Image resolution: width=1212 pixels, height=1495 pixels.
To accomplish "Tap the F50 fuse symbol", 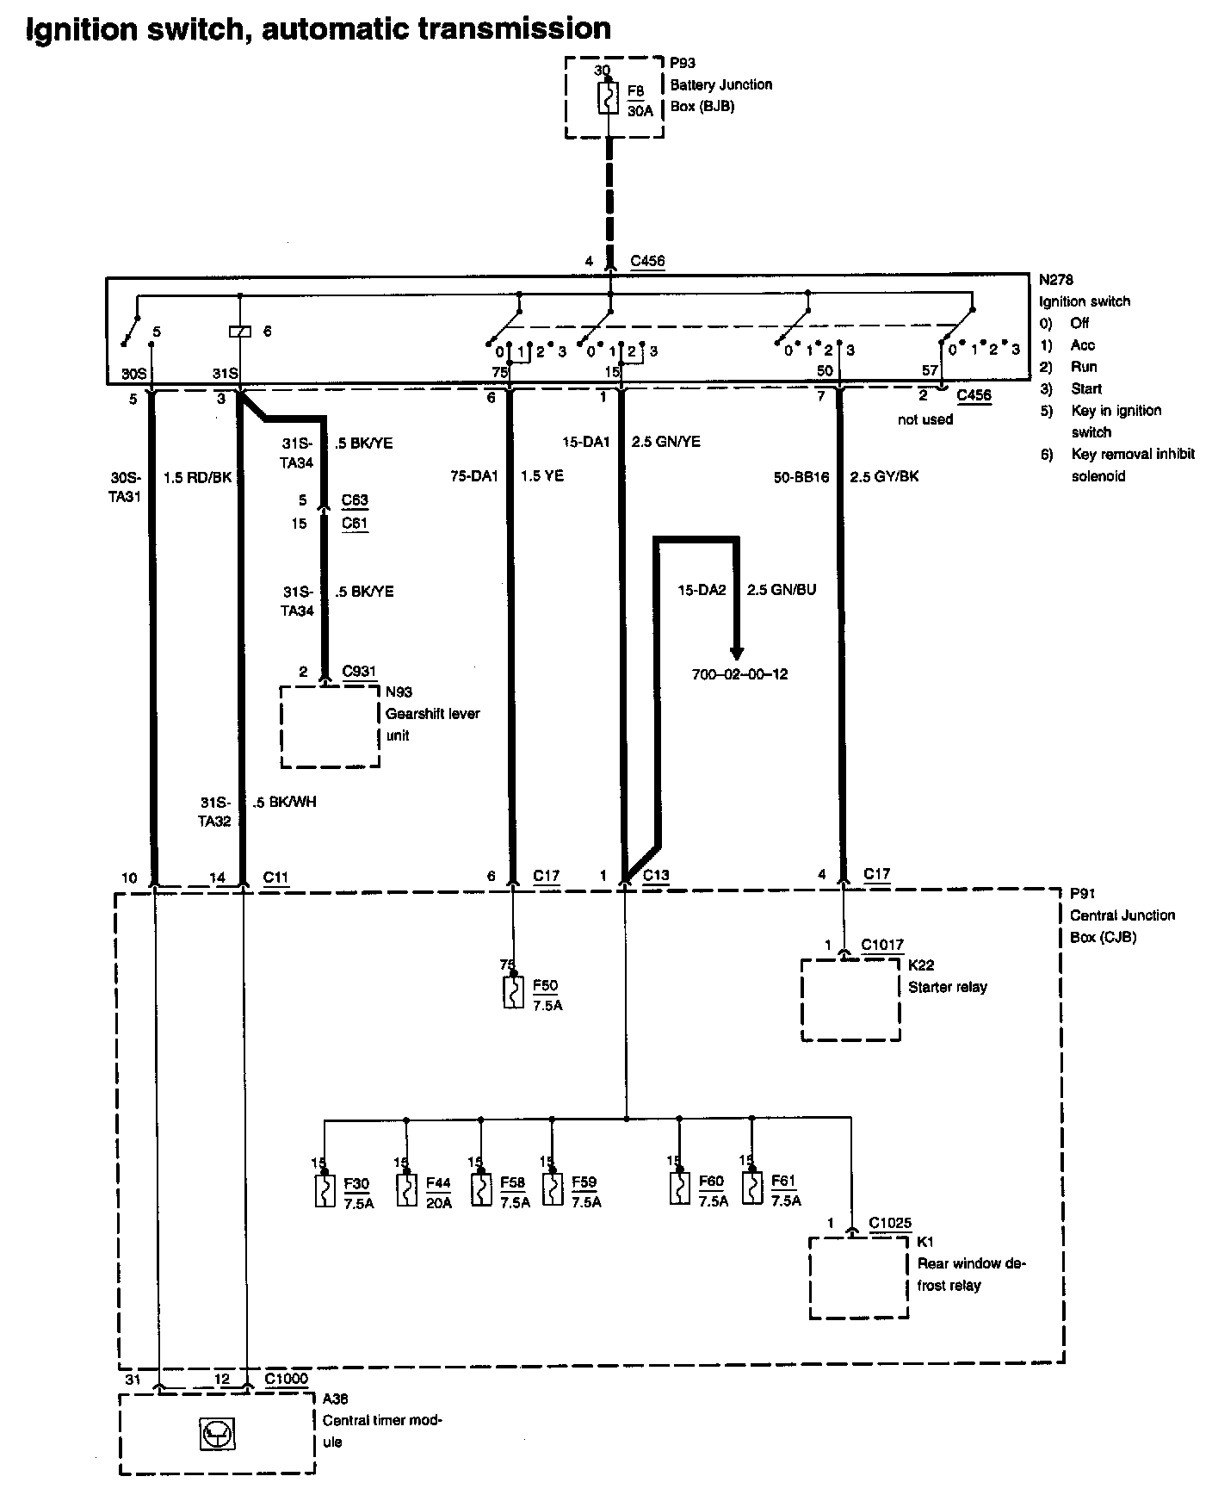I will [x=513, y=992].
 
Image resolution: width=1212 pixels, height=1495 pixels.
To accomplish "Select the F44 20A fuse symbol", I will [x=406, y=1190].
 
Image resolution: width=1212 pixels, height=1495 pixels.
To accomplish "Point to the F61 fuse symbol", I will [x=752, y=1188].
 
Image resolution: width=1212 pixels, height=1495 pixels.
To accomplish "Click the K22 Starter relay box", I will [x=850, y=1000].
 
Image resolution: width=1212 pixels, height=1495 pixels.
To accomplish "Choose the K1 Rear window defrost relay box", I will [x=858, y=1278].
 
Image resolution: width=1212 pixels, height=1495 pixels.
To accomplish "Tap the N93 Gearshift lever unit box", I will [x=330, y=725].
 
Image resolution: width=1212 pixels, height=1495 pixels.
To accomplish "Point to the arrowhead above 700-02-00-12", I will [x=736, y=653].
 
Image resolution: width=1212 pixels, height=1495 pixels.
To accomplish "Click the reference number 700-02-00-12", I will [x=739, y=674].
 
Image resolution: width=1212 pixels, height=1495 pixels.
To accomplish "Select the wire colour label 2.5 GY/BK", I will [x=884, y=476].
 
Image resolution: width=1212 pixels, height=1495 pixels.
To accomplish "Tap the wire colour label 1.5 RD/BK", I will [x=198, y=476].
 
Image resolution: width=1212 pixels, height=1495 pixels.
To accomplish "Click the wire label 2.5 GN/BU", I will [x=782, y=590].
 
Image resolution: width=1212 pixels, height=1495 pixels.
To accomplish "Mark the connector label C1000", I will [x=286, y=1379].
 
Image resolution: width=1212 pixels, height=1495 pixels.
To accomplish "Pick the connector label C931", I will [x=359, y=671].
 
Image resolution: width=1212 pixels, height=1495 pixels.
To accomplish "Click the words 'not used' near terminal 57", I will [x=924, y=419].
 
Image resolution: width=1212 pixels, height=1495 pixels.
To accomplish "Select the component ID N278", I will [x=1055, y=280].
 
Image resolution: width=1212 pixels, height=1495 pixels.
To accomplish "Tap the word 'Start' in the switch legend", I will [x=1086, y=388].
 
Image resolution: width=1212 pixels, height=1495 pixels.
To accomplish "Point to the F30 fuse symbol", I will [x=325, y=1190].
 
